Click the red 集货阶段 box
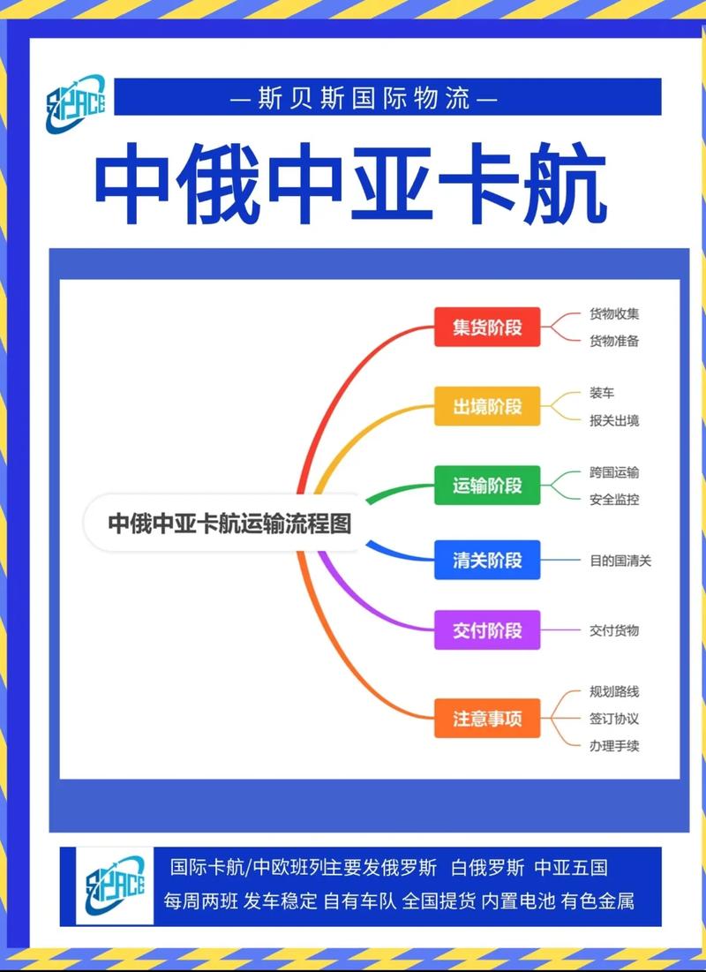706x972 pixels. [487, 327]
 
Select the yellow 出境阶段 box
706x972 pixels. [487, 406]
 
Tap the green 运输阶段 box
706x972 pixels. [487, 485]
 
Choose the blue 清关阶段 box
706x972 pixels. [487, 560]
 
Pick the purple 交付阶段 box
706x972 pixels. [487, 630]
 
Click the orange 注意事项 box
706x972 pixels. [487, 719]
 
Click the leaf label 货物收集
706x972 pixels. [614, 313]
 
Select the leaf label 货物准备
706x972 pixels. [614, 341]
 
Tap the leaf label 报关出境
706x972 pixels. [614, 420]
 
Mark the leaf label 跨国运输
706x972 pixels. [614, 472]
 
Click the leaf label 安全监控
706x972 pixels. [614, 499]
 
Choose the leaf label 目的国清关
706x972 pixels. [620, 560]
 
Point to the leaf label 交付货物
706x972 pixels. [614, 630]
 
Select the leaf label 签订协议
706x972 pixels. [614, 719]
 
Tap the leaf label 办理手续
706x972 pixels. [614, 745]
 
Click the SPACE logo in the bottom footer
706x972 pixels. [115, 885]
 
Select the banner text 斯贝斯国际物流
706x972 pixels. [363, 97]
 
